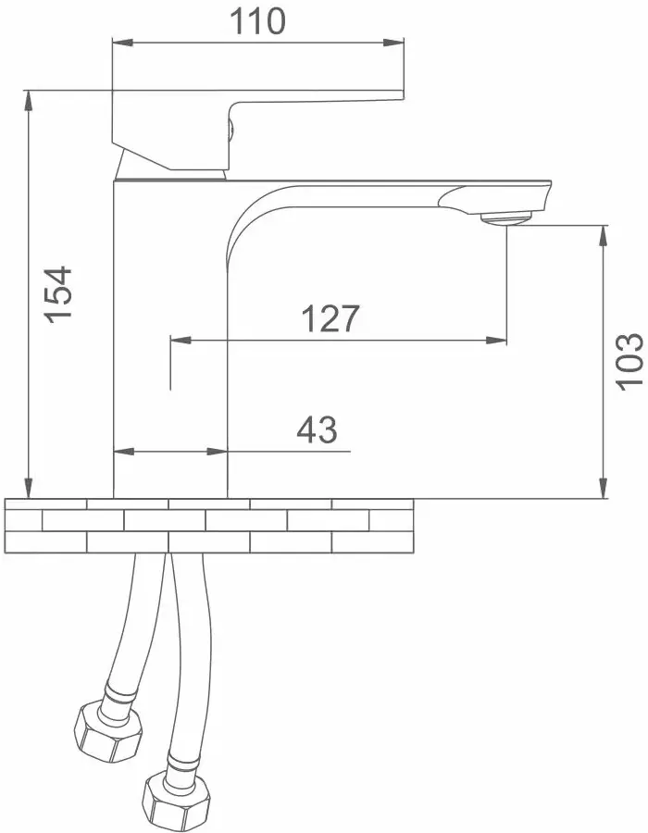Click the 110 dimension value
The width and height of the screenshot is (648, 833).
click(x=257, y=22)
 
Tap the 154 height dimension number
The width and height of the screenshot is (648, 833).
click(x=58, y=293)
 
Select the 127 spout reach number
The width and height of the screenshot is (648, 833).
click(x=330, y=318)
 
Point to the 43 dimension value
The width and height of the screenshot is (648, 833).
click(x=317, y=429)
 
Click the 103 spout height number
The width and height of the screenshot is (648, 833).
click(x=631, y=362)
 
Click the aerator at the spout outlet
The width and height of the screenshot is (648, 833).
click(x=505, y=217)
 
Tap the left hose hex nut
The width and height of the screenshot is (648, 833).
click(x=107, y=732)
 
